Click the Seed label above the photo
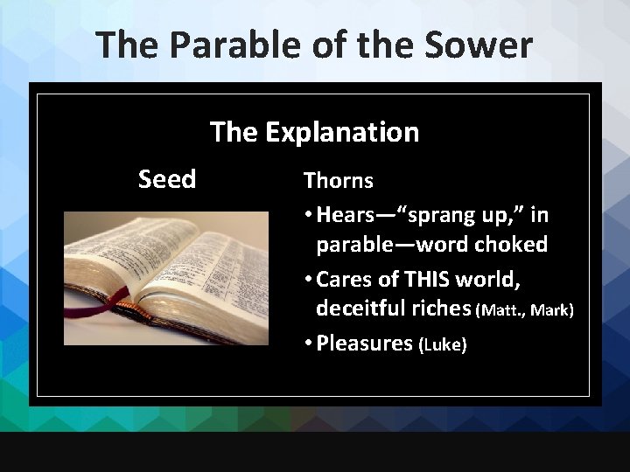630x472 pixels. point(167,180)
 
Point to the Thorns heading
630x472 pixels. point(338,181)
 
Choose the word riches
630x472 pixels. point(446,308)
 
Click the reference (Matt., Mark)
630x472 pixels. point(525,310)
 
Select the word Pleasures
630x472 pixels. point(365,343)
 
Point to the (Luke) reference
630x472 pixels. point(444,345)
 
